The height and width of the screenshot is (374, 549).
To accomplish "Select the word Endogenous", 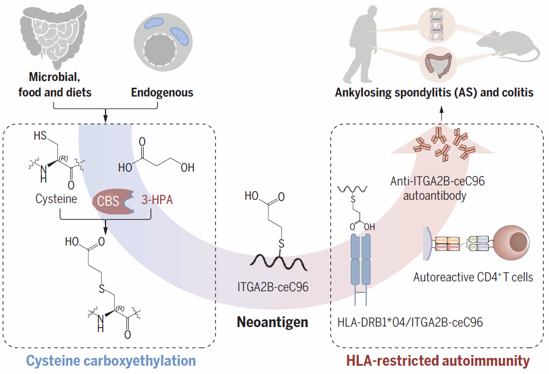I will click(162, 92).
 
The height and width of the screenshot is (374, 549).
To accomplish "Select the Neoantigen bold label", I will click(272, 321).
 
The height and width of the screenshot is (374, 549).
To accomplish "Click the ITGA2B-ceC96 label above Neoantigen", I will click(272, 286).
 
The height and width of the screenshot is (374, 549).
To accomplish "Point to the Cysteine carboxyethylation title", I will click(111, 361).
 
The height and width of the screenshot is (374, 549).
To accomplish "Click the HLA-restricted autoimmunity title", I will click(437, 361).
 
